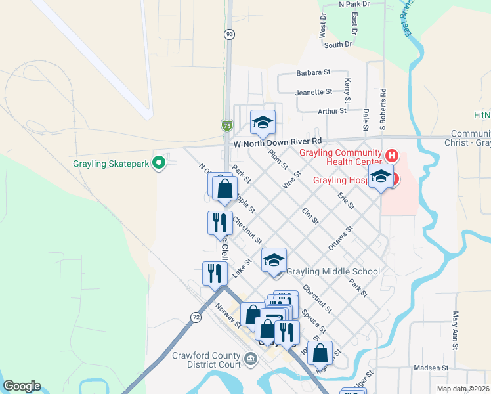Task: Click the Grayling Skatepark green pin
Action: pyautogui.click(x=158, y=163)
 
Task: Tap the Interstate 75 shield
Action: pyautogui.click(x=226, y=125)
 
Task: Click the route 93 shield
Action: pyautogui.click(x=228, y=33)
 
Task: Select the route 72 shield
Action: pyautogui.click(x=196, y=317)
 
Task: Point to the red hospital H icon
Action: pyautogui.click(x=392, y=156)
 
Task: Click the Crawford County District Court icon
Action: pyautogui.click(x=251, y=358)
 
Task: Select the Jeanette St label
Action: pyautogui.click(x=314, y=92)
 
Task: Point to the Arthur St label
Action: pyautogui.click(x=331, y=111)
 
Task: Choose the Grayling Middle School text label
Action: pyautogui.click(x=333, y=271)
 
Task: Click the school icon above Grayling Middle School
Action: pyautogui.click(x=274, y=260)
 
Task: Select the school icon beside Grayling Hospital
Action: pyautogui.click(x=381, y=176)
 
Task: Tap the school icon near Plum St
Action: pyautogui.click(x=263, y=122)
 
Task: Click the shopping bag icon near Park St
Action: pyautogui.click(x=224, y=188)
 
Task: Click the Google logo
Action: pyautogui.click(x=22, y=386)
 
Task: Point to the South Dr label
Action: pyautogui.click(x=338, y=45)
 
